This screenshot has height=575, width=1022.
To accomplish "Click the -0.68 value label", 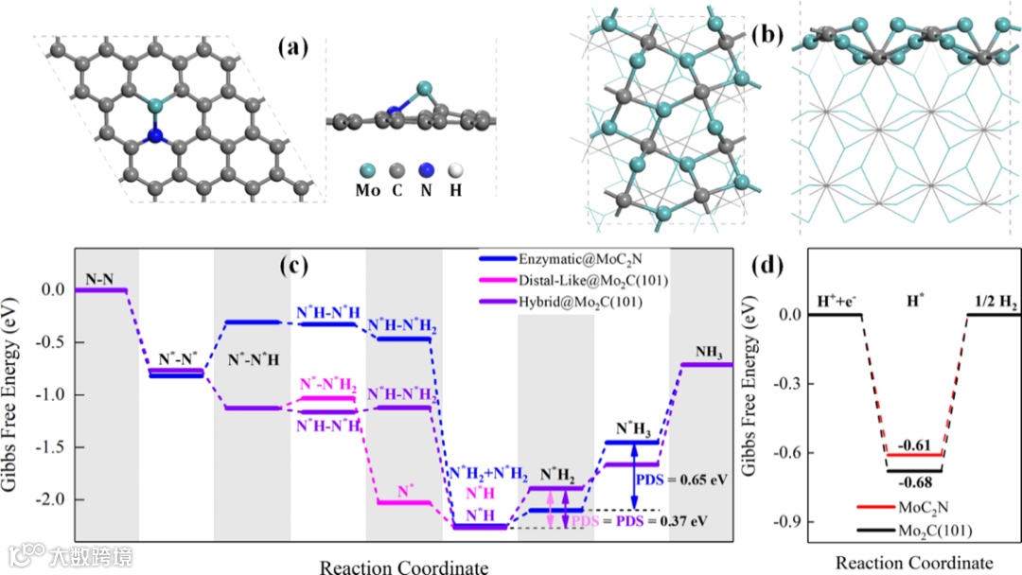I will click(x=915, y=483).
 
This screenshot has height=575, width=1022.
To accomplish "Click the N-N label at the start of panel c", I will click(x=100, y=278).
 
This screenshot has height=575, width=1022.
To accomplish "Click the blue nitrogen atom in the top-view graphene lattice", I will click(x=154, y=138).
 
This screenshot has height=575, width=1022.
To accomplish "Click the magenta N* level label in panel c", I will click(x=405, y=491).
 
